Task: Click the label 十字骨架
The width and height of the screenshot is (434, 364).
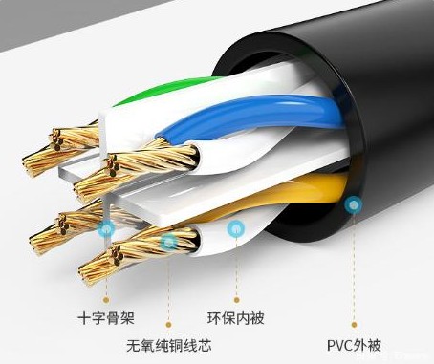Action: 106,315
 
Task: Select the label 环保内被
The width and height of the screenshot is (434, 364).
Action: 235,315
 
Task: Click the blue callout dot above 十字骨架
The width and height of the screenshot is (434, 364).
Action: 107,228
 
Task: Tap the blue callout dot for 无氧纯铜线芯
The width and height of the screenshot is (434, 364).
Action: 168,243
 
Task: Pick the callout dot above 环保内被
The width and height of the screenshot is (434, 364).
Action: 235,227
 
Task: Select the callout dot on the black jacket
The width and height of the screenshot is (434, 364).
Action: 355,203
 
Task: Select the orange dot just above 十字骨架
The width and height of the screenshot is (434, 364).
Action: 107,298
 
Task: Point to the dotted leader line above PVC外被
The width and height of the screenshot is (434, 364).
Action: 355,268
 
